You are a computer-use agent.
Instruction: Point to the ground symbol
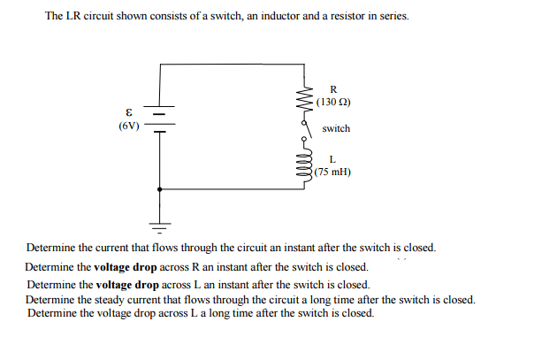[160, 221]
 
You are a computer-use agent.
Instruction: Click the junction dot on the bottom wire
[160, 188]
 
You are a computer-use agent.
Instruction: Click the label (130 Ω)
[333, 102]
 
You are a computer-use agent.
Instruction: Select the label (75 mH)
[333, 172]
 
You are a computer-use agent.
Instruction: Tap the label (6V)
[128, 126]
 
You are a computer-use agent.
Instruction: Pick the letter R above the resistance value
[332, 88]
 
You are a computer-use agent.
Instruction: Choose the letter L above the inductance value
[332, 159]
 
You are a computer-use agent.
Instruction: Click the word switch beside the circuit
[336, 129]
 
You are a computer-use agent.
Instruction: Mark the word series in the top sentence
[393, 17]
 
